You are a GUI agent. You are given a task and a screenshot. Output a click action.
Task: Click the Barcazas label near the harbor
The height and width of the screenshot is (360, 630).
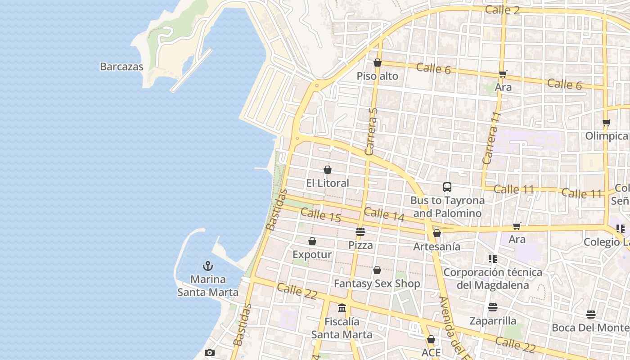[121, 67]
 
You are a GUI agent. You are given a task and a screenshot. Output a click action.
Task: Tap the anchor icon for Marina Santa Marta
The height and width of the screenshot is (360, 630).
[207, 266]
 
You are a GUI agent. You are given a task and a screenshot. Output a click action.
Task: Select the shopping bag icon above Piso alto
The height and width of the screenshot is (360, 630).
[378, 63]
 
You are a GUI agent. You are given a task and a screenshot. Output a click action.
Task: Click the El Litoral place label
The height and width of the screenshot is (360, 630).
[327, 183]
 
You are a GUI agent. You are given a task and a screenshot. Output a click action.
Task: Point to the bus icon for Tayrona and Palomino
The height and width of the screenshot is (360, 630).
[447, 187]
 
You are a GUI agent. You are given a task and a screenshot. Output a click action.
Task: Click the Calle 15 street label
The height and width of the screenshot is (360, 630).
[320, 215]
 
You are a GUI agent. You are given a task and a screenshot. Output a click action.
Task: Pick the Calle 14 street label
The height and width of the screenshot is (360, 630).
[384, 214]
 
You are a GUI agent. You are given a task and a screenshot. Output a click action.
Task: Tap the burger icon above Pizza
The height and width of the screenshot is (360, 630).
[360, 232]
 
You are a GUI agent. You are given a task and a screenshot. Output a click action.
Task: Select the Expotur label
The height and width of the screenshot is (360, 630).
[312, 254]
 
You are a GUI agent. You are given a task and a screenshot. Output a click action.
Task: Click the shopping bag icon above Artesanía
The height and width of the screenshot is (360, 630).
[436, 233]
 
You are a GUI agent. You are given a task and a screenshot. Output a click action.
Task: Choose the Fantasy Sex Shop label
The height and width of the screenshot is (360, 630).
[377, 283]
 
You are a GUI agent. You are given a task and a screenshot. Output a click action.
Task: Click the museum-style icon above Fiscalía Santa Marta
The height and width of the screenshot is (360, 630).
[342, 308]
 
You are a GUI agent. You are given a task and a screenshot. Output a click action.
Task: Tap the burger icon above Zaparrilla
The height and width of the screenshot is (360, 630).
[493, 307]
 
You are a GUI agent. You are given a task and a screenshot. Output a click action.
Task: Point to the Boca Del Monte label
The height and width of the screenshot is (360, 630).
[590, 328]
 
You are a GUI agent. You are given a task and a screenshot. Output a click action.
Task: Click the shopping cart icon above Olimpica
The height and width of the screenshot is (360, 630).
[606, 122]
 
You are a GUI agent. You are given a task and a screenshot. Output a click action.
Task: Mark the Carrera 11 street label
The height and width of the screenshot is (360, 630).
[491, 138]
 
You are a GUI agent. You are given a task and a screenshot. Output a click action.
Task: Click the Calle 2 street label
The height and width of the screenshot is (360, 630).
[502, 10]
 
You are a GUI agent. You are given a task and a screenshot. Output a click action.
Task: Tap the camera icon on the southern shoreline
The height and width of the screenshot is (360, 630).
[209, 352]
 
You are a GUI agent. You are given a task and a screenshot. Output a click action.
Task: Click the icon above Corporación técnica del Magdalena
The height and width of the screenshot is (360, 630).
[493, 258]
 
